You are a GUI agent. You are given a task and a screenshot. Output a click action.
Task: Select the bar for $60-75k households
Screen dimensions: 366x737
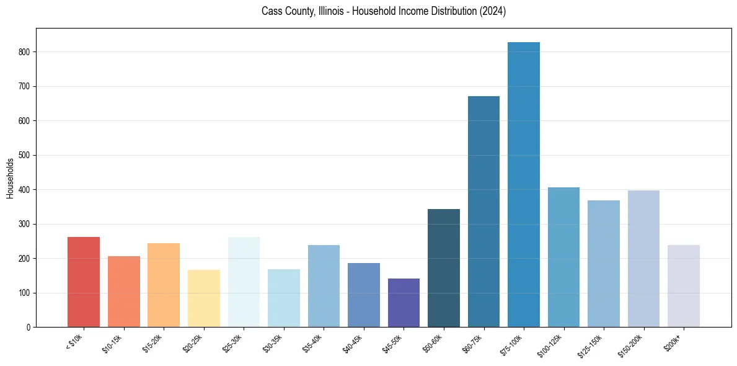483,212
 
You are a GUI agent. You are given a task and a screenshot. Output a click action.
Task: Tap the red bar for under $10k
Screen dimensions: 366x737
84,282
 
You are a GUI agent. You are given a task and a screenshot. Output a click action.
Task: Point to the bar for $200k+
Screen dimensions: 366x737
683,286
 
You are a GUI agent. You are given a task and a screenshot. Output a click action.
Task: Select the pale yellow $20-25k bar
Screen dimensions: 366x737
204,298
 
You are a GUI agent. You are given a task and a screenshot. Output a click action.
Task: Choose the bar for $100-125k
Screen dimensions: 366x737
563,257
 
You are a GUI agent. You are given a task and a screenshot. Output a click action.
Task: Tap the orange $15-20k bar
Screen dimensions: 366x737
164,285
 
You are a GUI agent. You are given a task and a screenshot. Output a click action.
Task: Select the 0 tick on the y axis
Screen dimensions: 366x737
29,327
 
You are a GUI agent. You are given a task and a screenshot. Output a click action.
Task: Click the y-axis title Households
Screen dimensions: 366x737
10,177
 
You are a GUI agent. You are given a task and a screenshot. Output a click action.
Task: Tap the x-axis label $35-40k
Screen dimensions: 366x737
313,343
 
